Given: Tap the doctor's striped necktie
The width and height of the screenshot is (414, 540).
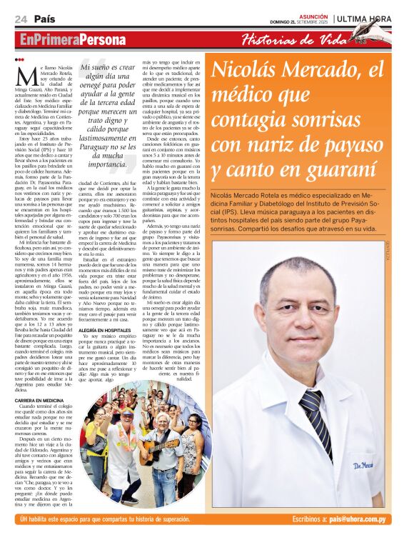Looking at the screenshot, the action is [314, 415].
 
